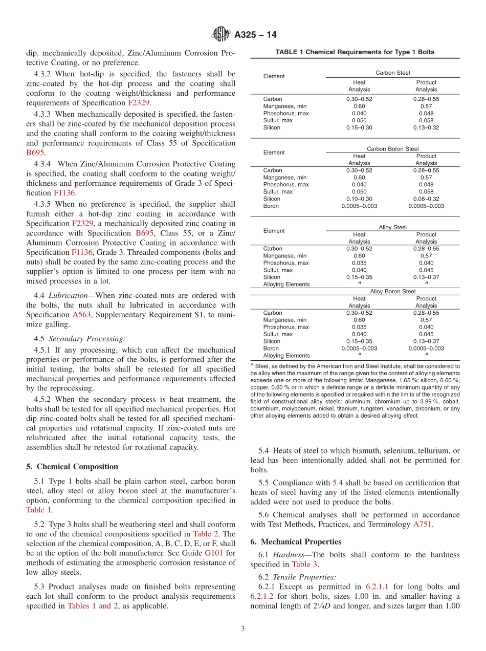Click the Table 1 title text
tap(355, 52)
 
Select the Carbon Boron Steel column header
tap(392, 149)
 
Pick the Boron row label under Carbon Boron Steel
tap(272, 206)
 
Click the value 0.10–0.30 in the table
tap(359, 199)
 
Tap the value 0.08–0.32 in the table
tap(426, 199)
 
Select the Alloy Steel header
tap(392, 227)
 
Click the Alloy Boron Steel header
tap(392, 292)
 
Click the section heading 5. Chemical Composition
tap(72, 467)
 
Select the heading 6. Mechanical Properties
tap(296, 541)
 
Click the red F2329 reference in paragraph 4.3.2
tap(139, 103)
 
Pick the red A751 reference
tap(422, 524)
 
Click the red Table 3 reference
tap(304, 565)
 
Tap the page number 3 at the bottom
tap(242, 629)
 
